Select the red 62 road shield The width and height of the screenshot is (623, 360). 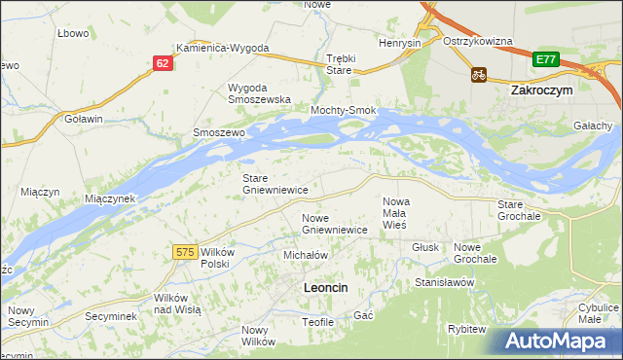[163, 63]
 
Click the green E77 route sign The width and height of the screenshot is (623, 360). [545, 60]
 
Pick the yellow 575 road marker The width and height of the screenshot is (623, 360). [186, 252]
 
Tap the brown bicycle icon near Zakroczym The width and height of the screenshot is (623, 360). [479, 74]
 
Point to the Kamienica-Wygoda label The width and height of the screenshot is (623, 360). [222, 47]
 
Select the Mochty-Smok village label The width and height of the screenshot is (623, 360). [343, 111]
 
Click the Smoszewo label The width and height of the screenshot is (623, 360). [217, 131]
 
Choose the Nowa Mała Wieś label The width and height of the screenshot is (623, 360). [394, 212]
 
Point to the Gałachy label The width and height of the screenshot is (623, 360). [593, 126]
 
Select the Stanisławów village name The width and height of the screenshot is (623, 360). [444, 282]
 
